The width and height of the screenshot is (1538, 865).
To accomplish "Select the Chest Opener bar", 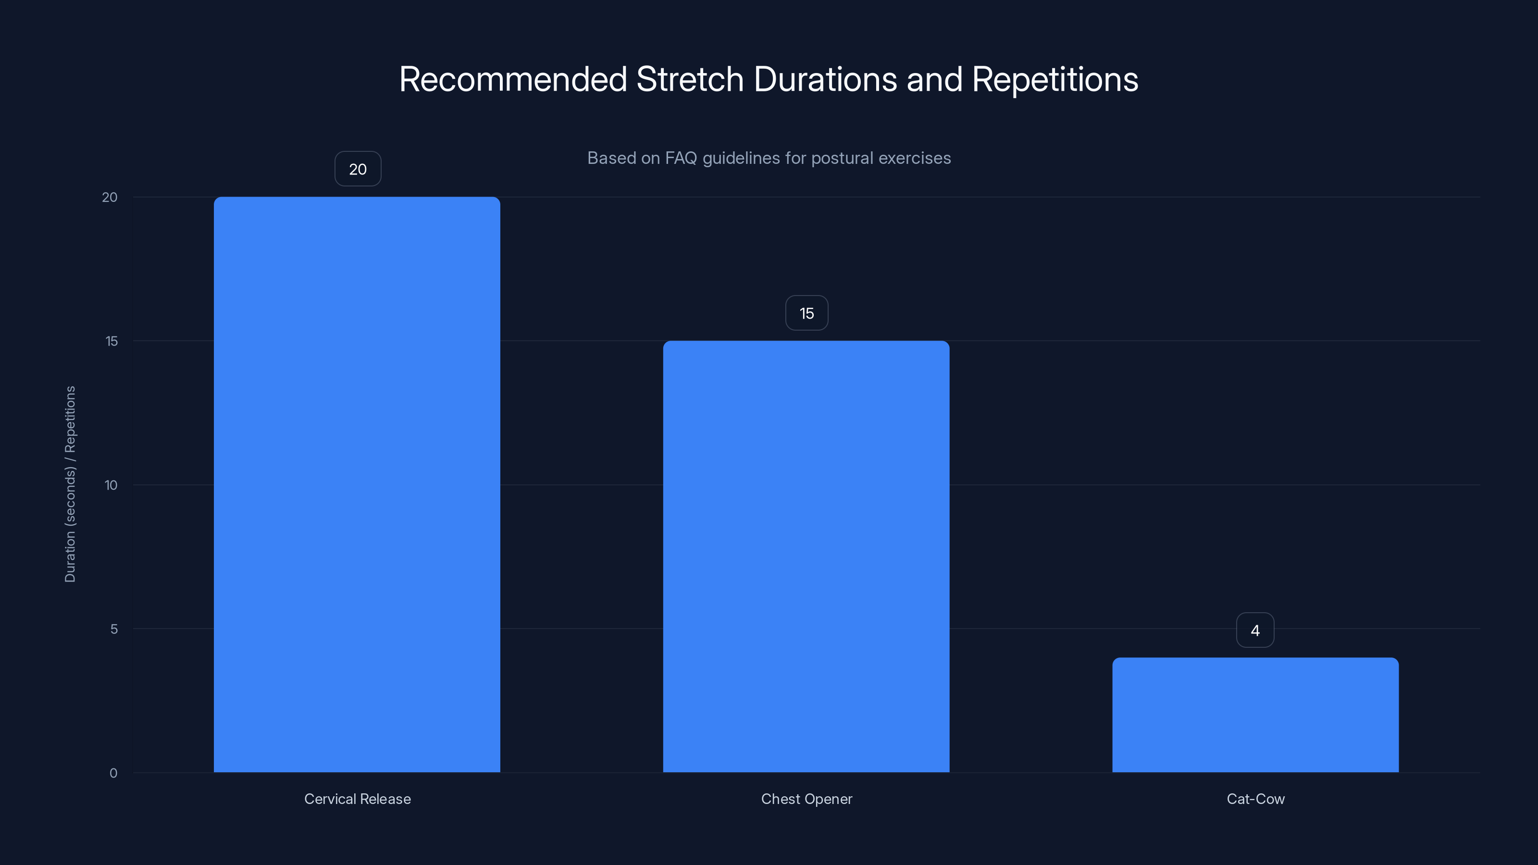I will coord(806,556).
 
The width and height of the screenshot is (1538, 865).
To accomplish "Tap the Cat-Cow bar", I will coord(1255,715).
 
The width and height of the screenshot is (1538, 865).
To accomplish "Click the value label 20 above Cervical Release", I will coord(358,169).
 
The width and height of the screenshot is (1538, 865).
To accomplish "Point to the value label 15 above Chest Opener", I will coord(806,313).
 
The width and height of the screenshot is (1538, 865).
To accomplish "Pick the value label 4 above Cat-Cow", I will coord(1255,630).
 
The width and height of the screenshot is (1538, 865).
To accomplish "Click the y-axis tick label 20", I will coord(110,197).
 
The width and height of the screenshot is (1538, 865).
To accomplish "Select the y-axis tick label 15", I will coord(112,341).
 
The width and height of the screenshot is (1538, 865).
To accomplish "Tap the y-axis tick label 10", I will coord(111,485).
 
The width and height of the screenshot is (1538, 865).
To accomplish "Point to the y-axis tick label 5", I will coord(114,629).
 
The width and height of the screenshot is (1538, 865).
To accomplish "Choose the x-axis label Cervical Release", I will coord(358,799).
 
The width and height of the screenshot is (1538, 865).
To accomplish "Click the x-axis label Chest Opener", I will coord(806,799).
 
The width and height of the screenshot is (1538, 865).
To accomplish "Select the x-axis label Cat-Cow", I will coord(1255,799).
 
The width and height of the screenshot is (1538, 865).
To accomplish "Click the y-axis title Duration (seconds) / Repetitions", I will coord(70,483).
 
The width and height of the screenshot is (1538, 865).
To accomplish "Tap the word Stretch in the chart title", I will coord(690,79).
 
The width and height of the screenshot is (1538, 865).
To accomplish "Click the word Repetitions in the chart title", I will coord(1055,79).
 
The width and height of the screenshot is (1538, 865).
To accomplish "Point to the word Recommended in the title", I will coord(513,79).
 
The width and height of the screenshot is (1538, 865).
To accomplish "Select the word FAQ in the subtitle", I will coord(681,158).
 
